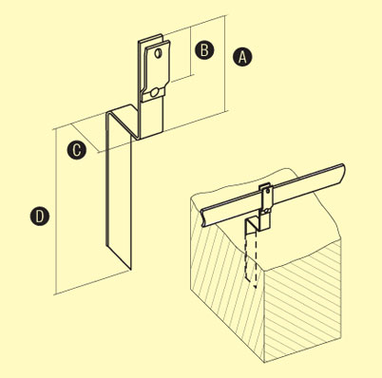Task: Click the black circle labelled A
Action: pos(242,57)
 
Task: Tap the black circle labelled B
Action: pos(204,50)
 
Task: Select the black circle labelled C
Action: pos(76,149)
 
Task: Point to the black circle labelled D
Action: pos(40,217)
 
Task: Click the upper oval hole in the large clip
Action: pos(158,53)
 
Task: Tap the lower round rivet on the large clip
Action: pos(155,92)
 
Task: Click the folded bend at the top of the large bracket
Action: pos(122,109)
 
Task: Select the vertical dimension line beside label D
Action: pos(55,212)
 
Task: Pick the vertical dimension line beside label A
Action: pos(225,63)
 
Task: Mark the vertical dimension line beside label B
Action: pos(191,50)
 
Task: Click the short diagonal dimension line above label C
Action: pos(84,138)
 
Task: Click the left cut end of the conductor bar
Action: pos(205,217)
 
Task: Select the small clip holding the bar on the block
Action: pos(265,206)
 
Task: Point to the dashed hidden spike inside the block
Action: pos(250,259)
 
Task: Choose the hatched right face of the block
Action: pos(302,297)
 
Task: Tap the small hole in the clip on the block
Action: pos(268,191)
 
